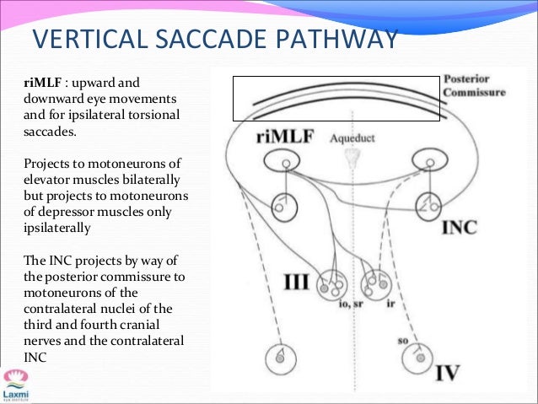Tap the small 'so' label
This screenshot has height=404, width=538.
(403, 341)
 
